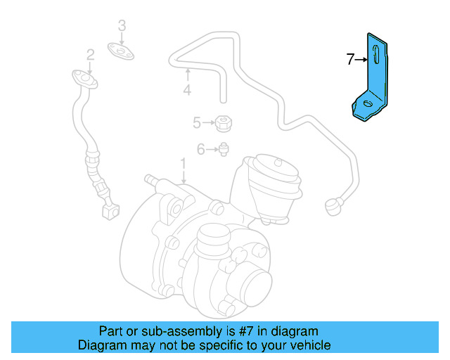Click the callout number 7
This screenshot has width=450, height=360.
pyautogui.click(x=350, y=60)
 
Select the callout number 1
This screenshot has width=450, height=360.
pyautogui.click(x=183, y=165)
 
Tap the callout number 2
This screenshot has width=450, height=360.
pyautogui.click(x=91, y=54)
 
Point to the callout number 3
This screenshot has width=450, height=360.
pyautogui.click(x=122, y=26)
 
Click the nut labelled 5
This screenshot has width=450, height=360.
pyautogui.click(x=223, y=123)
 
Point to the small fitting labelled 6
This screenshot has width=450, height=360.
pyautogui.click(x=223, y=148)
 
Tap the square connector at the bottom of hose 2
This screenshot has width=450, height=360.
pyautogui.click(x=110, y=208)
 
